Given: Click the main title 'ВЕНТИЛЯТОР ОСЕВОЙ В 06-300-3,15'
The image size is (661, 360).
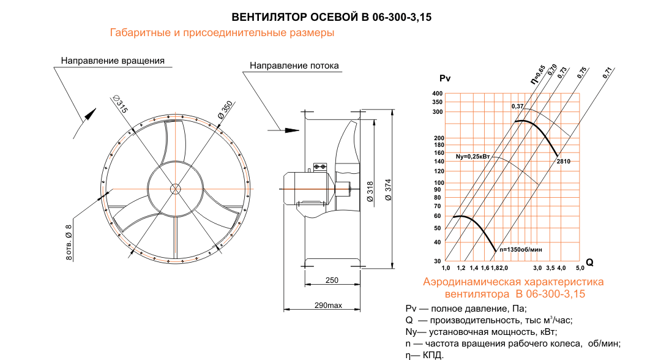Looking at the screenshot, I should [x=331, y=18].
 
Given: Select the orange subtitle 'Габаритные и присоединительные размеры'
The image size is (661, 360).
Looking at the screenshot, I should [x=222, y=33].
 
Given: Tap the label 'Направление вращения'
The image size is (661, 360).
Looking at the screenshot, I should [x=113, y=61].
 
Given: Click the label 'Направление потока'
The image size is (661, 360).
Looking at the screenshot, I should [x=294, y=66].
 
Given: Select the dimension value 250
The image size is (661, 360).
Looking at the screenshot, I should [x=332, y=280].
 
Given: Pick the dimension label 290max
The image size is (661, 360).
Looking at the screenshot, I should [x=328, y=305].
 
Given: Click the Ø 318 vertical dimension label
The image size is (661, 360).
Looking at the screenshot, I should [x=370, y=192].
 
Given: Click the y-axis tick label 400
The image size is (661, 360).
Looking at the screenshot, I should [x=437, y=94].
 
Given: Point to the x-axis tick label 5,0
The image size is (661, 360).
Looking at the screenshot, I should [x=579, y=268].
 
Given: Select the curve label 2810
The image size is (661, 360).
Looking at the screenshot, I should [x=564, y=161].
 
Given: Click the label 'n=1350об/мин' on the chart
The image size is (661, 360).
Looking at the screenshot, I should [x=521, y=250].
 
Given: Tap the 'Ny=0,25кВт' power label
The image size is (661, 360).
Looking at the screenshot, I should [x=473, y=157].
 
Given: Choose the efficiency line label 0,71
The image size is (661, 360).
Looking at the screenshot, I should [x=607, y=72].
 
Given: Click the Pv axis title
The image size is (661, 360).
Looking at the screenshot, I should [x=445, y=78].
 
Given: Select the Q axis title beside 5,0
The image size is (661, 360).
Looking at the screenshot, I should [x=590, y=262].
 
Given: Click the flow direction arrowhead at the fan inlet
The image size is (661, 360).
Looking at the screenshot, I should [x=293, y=130].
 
